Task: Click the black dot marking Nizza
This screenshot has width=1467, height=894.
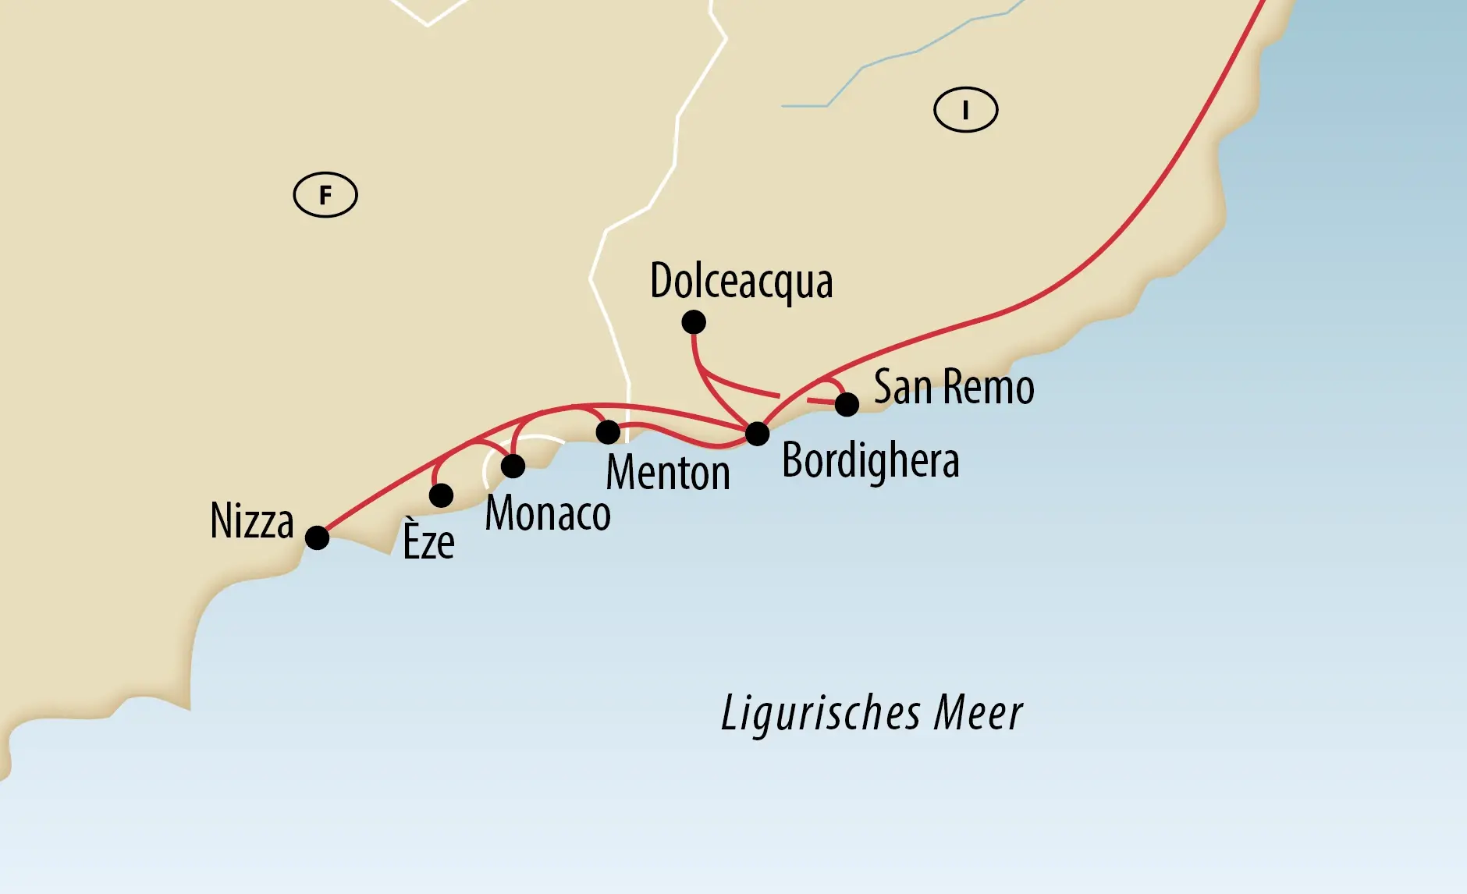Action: [x=317, y=537]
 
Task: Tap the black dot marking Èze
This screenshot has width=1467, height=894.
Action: [x=441, y=495]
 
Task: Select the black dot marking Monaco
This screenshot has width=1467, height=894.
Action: [x=513, y=466]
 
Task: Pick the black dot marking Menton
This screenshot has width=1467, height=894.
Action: [x=608, y=431]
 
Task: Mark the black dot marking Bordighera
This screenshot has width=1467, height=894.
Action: [x=757, y=434]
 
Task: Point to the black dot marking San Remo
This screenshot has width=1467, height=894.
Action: [x=847, y=404]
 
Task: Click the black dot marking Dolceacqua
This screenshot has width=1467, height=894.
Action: [x=694, y=321]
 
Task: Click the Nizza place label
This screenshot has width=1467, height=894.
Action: [x=252, y=521]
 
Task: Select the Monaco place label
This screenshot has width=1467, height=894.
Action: [x=548, y=514]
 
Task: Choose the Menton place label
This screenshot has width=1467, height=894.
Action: [x=668, y=474]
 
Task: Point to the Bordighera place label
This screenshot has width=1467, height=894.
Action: [x=870, y=461]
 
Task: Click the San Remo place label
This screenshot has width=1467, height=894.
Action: [x=954, y=387]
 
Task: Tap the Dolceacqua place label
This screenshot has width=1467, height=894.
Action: [x=741, y=281]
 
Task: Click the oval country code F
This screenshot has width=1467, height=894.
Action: [x=325, y=194]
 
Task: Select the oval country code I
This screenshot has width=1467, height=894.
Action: [x=965, y=110]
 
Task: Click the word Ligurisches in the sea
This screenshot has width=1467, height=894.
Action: [x=820, y=713]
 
